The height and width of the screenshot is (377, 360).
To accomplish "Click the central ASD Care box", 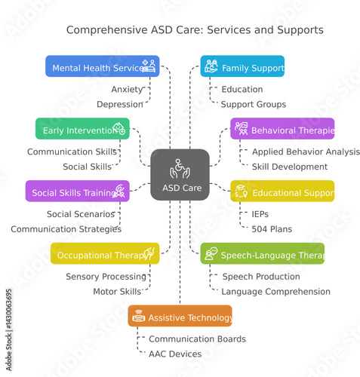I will coord(180,175).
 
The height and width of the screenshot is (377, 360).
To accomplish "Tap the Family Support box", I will coord(242,66).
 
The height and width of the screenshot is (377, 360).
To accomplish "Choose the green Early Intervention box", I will coord(82,129).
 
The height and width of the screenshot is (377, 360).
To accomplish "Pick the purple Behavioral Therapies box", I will coord(282,129).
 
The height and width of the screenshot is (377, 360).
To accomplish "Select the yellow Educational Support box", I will coord(282,192).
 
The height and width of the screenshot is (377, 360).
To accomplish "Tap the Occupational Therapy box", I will coord(105,254).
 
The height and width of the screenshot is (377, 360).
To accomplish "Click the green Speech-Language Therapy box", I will coord(262,254).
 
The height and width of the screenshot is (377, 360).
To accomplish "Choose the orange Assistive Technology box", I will coord(180,317).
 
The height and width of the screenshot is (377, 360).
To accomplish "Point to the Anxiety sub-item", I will coord(127,89).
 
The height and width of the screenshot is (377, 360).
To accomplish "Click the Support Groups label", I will coord(254,104).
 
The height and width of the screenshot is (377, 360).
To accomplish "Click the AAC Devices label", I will coord(174,354).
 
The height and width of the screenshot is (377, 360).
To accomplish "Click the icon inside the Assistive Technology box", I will coord(138,317).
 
